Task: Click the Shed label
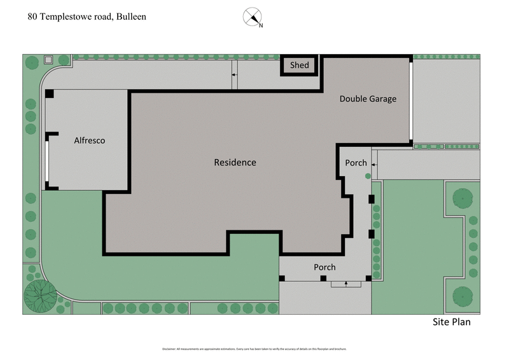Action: pos(299,65)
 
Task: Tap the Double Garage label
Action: pos(367,99)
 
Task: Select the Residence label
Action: pos(235,162)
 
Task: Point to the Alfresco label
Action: pos(89,141)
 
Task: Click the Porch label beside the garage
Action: pos(356,163)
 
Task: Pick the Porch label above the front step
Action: pos(324,267)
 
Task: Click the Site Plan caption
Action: pos(452,322)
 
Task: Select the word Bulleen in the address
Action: pos(130,17)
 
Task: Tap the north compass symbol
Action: pos(253,17)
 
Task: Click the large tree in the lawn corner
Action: pos(39,294)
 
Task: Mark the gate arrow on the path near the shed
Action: pos(234,75)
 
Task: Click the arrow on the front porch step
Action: pos(345,284)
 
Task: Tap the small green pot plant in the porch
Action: pos(367,176)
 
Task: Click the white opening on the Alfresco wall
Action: pos(46,162)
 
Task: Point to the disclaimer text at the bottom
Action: pos(254,349)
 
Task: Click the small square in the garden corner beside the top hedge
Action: pos(48,60)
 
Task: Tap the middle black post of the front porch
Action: pos(323,279)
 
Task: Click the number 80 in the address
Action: pos(32,17)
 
